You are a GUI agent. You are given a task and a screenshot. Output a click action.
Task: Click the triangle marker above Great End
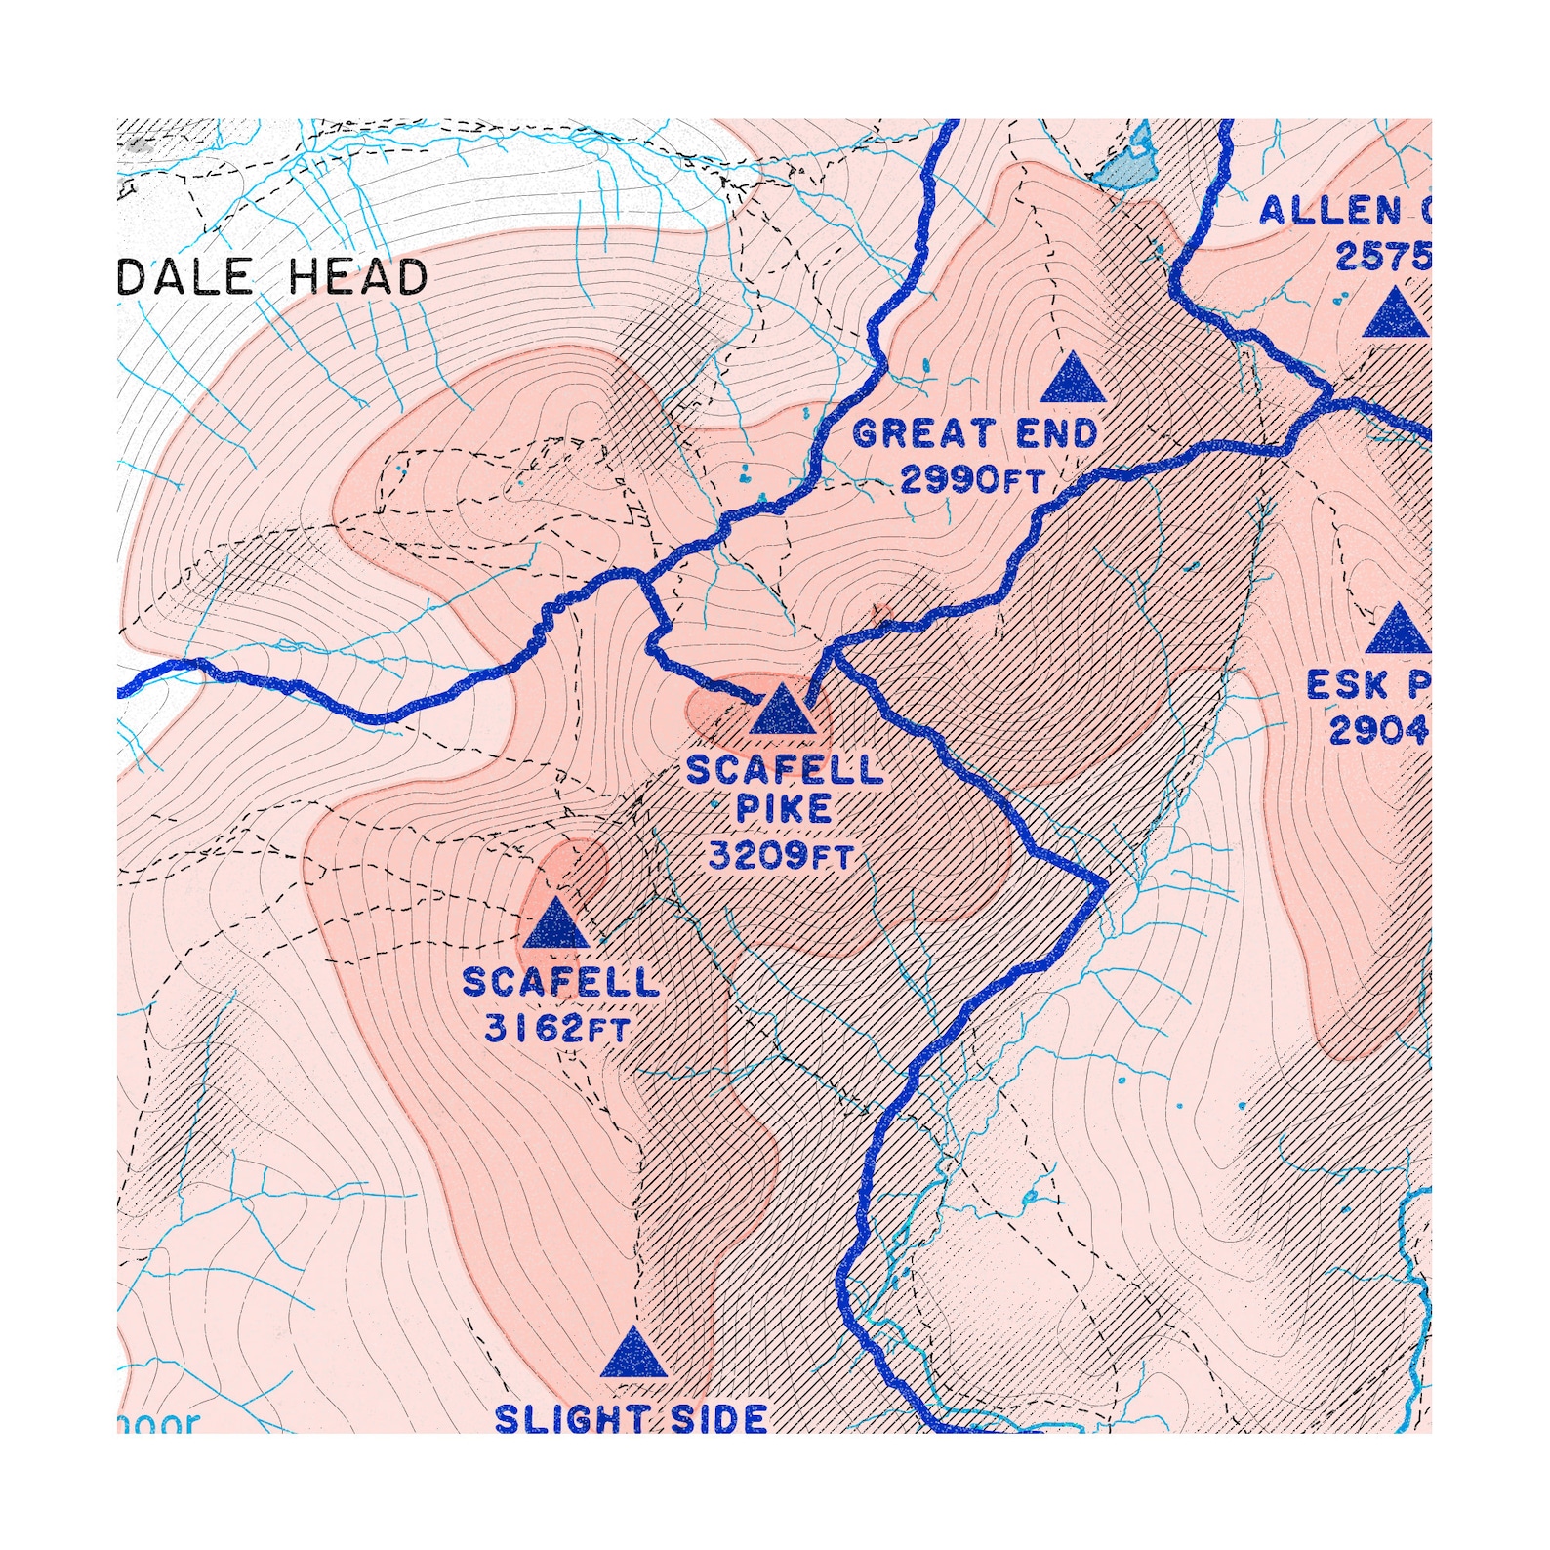click(1073, 381)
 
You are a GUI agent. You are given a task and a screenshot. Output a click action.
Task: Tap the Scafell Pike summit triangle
click(782, 712)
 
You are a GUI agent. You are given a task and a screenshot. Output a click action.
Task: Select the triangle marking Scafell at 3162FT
click(556, 926)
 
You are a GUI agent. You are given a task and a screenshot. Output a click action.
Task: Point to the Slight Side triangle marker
click(633, 1355)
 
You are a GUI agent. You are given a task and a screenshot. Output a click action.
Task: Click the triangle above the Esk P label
click(1399, 631)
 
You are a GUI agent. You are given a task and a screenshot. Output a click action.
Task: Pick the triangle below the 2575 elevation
click(1396, 315)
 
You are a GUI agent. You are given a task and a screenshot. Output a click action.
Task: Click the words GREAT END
click(974, 433)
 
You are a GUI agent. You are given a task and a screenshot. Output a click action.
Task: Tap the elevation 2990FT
click(972, 479)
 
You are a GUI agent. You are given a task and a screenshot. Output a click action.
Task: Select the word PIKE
click(784, 809)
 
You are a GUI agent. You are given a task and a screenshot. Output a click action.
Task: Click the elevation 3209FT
click(781, 856)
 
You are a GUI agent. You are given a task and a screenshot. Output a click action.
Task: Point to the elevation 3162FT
click(557, 1028)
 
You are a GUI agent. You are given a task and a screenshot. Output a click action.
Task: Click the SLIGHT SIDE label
click(631, 1418)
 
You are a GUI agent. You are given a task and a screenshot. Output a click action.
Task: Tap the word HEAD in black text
click(357, 277)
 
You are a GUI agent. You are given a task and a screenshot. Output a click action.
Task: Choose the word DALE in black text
click(184, 277)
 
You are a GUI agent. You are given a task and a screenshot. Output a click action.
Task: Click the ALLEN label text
click(1331, 211)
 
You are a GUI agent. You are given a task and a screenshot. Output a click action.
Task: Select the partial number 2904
click(1378, 729)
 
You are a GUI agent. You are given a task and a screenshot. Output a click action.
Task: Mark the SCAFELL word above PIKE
click(785, 770)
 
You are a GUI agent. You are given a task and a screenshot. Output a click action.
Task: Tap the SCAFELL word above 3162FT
click(560, 982)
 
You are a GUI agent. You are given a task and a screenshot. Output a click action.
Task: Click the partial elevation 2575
click(1382, 256)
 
